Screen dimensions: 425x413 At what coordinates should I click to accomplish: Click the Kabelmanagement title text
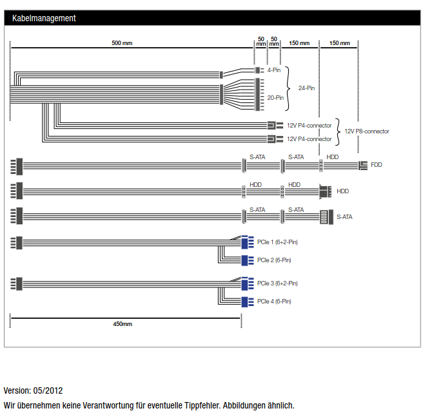[x=44, y=18]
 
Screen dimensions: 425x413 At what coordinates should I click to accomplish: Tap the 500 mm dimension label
[x=122, y=43]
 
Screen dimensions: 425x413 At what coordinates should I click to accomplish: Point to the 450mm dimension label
[x=123, y=324]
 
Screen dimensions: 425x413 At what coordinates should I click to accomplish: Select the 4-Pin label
[x=273, y=70]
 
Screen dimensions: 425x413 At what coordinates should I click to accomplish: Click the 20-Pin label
[x=275, y=98]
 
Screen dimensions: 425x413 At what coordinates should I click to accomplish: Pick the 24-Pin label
[x=306, y=88]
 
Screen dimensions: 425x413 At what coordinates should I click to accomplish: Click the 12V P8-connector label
[x=367, y=131]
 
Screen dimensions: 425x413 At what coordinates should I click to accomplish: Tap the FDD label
[x=376, y=165]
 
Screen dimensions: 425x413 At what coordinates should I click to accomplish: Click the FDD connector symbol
[x=363, y=166]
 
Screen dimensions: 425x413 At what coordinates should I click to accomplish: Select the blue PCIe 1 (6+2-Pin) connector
[x=247, y=242]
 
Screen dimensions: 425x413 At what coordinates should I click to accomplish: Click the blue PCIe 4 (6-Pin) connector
[x=247, y=302]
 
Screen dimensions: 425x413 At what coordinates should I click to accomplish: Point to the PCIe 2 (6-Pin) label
[x=274, y=260]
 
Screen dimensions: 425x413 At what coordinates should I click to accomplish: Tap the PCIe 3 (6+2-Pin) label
[x=277, y=283]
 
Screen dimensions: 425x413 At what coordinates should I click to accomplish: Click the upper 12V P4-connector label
[x=309, y=126]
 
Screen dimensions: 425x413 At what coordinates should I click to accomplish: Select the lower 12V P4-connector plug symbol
[x=275, y=139]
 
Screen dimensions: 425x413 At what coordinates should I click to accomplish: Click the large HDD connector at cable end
[x=325, y=192]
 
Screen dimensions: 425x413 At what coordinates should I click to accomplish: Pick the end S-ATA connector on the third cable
[x=326, y=217]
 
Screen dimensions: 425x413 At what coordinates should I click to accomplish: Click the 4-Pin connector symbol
[x=259, y=70]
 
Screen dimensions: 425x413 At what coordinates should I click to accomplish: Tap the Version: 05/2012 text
[x=33, y=390]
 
